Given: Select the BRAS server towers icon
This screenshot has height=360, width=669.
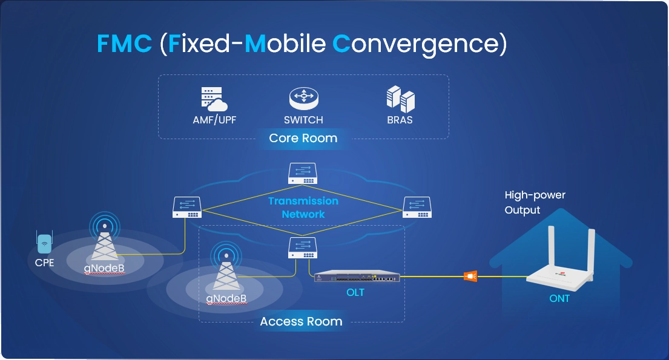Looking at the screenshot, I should coord(400,99).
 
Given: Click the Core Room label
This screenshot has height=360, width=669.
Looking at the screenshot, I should coord(303,138).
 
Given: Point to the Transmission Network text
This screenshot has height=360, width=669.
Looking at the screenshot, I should coord(303,207).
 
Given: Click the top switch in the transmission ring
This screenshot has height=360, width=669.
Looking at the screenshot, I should coord(303,174).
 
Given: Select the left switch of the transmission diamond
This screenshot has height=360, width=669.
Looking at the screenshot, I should coord(187,207).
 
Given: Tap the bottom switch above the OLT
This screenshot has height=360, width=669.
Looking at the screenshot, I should coord(303,247).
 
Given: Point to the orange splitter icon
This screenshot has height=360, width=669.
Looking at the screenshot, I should coord(470,277).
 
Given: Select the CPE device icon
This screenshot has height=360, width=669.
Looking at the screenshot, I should coord(44,243).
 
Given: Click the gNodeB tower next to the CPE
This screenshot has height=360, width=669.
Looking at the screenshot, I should coord(105,242).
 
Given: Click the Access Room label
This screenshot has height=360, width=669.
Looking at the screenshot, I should coord(301,321).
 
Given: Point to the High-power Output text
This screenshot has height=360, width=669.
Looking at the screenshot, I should coord(535,203).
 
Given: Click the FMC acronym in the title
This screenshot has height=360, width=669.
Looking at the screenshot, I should coord(124,44).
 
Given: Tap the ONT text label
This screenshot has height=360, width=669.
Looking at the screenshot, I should coord(559,298).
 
